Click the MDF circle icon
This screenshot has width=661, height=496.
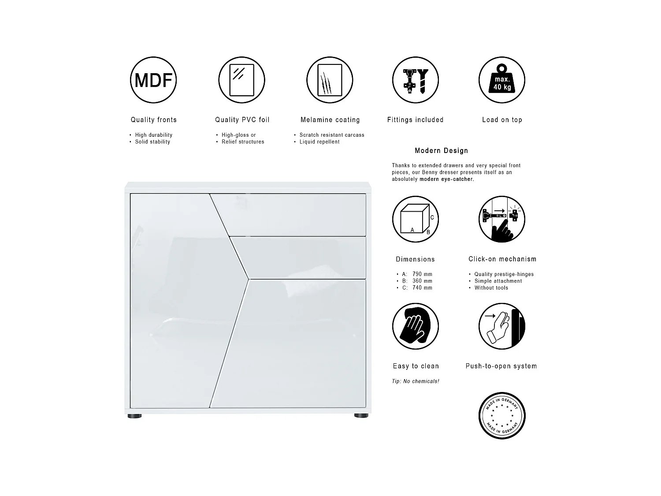coord(153,80)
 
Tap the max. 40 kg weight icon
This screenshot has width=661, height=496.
coord(502,80)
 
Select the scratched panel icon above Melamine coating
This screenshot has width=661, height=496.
coord(330,80)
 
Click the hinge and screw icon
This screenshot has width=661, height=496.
coord(416,80)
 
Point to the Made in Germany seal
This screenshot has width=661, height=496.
coord(502,415)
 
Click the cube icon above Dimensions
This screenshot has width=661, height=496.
coord(416,219)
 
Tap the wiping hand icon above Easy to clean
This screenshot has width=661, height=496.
coord(416,326)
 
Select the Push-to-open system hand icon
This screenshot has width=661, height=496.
coord(502,326)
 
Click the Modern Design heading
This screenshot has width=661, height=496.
coord(441,151)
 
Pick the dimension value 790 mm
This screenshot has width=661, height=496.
coord(422,274)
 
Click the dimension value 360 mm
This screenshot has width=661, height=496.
coord(422,281)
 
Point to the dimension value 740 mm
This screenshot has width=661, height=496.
coord(422,288)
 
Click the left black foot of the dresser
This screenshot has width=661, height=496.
coord(135,416)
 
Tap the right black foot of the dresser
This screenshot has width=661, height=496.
coord(360,416)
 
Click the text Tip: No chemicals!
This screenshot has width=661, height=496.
coord(416,381)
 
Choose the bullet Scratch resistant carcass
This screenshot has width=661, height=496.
coord(332,135)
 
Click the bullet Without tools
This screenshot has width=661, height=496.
coord(491,288)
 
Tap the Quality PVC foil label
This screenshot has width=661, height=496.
coord(242,120)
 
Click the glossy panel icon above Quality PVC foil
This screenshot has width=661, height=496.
coord(241,80)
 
